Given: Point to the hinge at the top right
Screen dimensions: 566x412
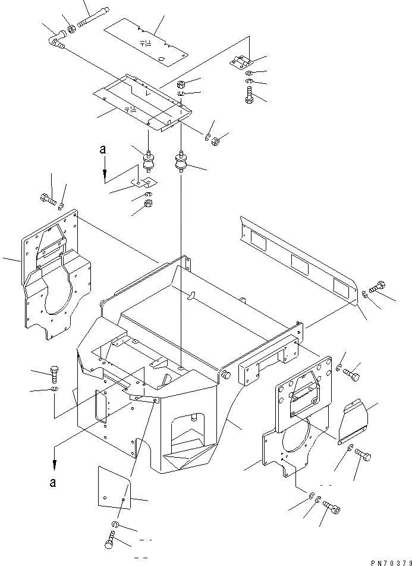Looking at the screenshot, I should tap(241, 62).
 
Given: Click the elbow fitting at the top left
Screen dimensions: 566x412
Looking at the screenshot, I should tap(56, 40).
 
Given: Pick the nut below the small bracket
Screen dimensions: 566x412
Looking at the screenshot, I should tap(150, 206).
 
